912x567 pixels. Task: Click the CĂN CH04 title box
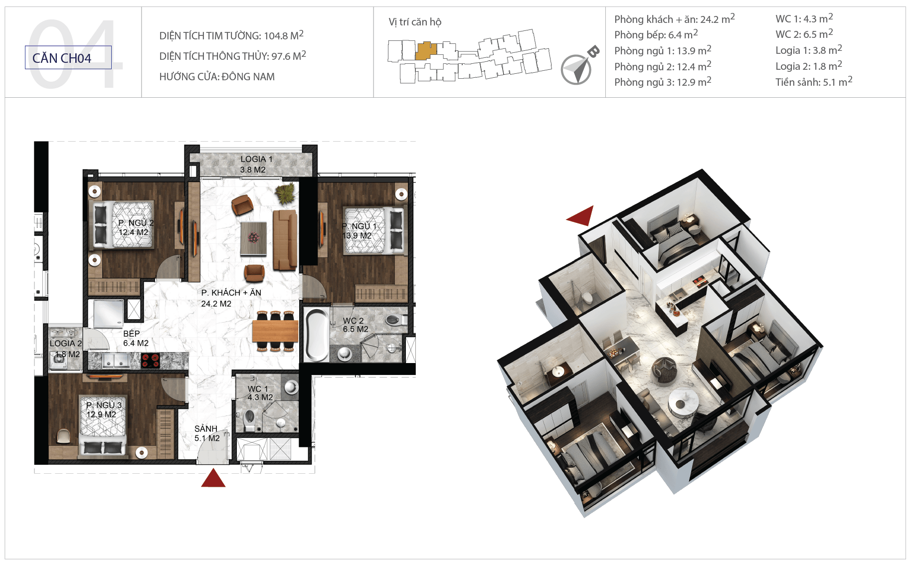[68, 57]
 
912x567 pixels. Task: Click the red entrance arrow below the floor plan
[213, 478]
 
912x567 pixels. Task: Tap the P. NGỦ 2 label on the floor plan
[135, 227]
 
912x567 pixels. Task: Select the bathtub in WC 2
[317, 334]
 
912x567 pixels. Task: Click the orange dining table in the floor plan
[275, 331]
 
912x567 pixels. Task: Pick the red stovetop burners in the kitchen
[150, 360]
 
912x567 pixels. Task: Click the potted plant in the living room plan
[286, 193]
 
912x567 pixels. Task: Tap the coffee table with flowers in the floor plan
[254, 238]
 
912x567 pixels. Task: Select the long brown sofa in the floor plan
[285, 240]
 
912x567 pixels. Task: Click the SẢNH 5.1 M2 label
[206, 433]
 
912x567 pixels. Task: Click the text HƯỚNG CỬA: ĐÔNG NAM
[217, 77]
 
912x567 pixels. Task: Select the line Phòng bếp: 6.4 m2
[656, 34]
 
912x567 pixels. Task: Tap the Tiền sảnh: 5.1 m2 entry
[814, 82]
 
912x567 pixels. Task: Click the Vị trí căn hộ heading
[415, 22]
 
